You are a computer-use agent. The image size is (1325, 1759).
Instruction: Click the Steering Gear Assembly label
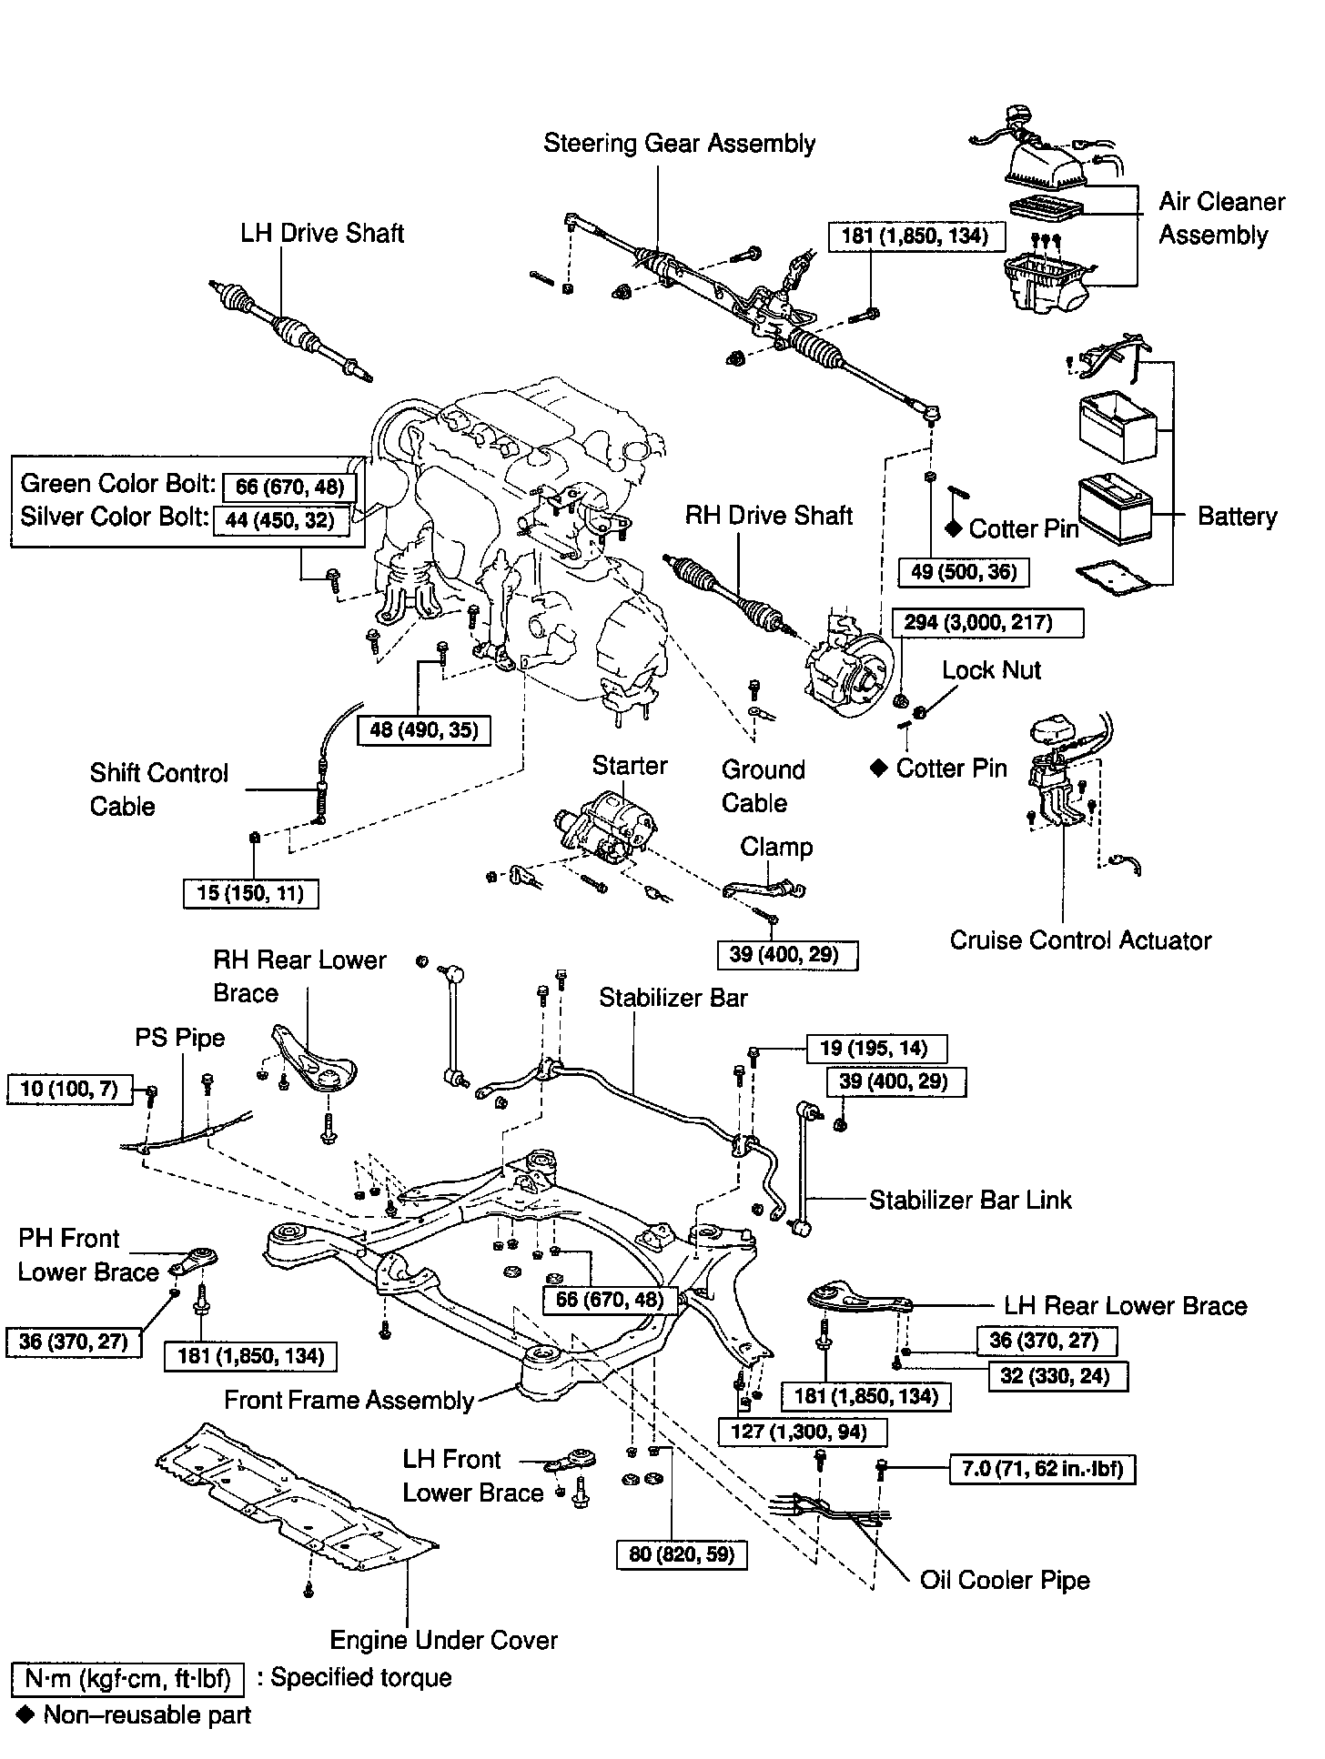click(x=679, y=144)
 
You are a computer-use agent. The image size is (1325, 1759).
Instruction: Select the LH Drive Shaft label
click(x=322, y=234)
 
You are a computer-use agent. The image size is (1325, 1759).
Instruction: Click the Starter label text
click(x=630, y=766)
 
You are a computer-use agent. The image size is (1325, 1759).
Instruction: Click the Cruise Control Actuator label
click(x=1080, y=940)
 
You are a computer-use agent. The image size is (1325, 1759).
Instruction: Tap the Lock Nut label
click(x=991, y=670)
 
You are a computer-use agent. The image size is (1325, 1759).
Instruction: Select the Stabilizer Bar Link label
click(x=970, y=1200)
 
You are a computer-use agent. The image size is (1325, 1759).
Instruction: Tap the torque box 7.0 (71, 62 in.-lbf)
click(x=1042, y=1468)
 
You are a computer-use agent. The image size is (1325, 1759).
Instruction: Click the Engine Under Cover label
click(x=443, y=1640)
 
